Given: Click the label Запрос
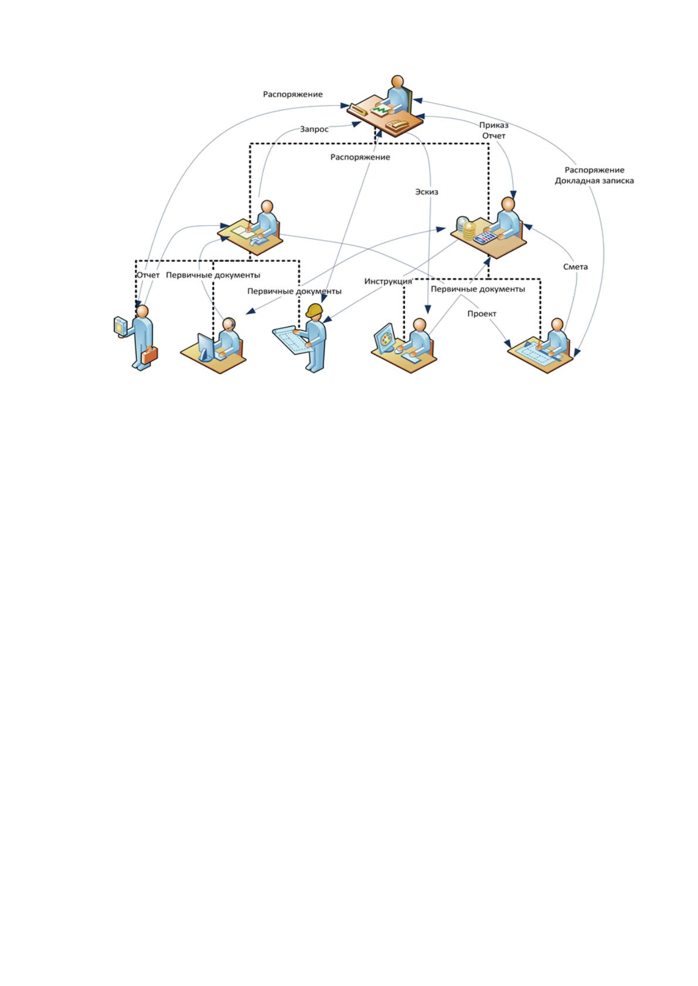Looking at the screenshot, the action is pos(314,129).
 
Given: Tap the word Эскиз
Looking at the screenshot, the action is pos(427,192).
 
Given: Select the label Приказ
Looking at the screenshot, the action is pos(493,125).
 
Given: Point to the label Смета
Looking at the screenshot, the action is pos(575,267).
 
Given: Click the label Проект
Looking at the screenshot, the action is pos(482,314).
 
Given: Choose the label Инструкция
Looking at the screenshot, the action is pos(388,281).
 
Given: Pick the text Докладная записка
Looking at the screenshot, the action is pos(594,181).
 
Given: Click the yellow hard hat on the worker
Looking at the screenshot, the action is pos(315,310).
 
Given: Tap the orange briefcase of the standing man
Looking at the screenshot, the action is pos(149,355).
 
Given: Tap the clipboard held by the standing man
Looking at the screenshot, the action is pos(120,326).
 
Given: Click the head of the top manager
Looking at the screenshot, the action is pos(397,82).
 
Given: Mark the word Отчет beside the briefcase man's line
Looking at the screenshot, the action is pos(148,275).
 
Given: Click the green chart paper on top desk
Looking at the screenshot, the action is pos(381,109).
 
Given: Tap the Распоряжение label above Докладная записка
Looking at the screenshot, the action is pos(594,170).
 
